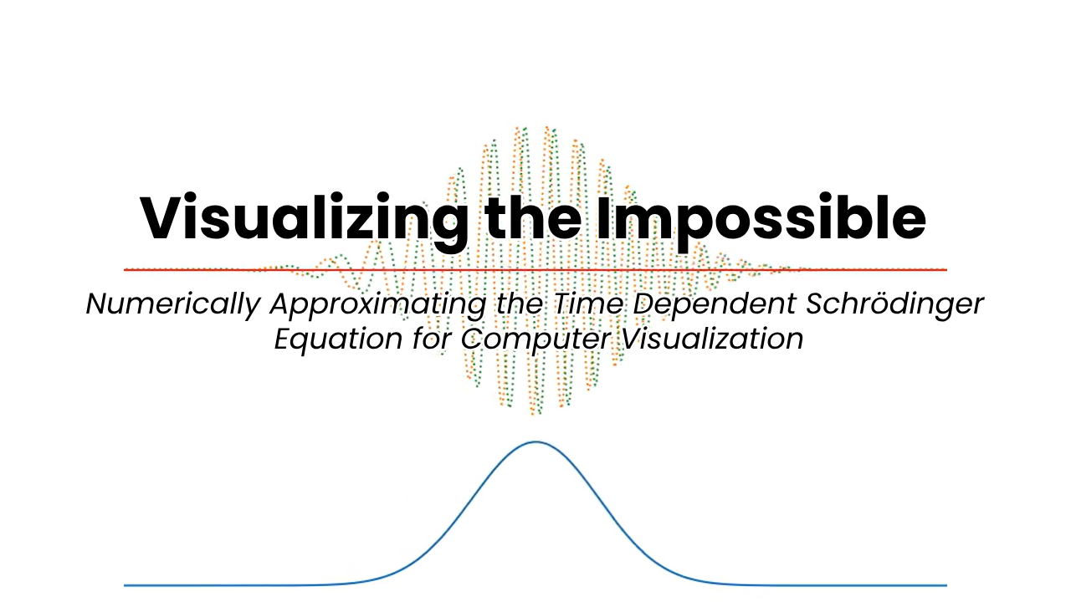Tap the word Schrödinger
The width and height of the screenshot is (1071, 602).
894,304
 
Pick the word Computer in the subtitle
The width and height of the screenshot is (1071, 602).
536,340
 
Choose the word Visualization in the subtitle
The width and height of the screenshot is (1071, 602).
712,339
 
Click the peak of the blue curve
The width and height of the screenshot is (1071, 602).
535,442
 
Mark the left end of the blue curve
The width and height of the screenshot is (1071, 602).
125,585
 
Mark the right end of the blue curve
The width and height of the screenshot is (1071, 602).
946,585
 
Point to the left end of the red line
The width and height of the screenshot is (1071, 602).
125,270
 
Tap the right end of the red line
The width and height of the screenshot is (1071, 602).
946,270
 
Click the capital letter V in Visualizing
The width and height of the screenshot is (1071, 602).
166,217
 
